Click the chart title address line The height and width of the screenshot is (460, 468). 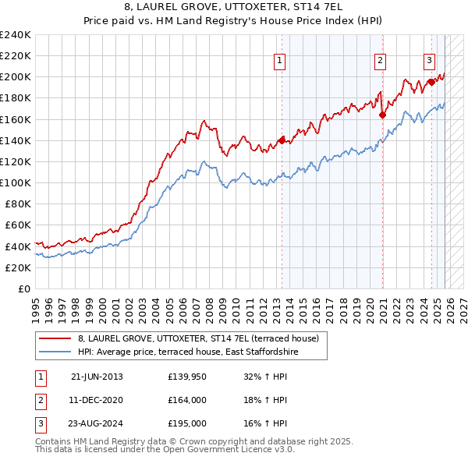233,9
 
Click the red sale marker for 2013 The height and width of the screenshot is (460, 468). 282,140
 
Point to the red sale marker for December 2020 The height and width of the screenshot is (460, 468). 383,115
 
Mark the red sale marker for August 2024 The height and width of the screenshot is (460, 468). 431,82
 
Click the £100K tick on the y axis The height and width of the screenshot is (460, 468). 16,182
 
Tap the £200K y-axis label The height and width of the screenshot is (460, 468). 16,77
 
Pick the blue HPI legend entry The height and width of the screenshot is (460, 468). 188,352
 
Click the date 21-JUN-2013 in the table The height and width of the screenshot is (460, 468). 97,377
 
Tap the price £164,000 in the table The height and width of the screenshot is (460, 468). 188,400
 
